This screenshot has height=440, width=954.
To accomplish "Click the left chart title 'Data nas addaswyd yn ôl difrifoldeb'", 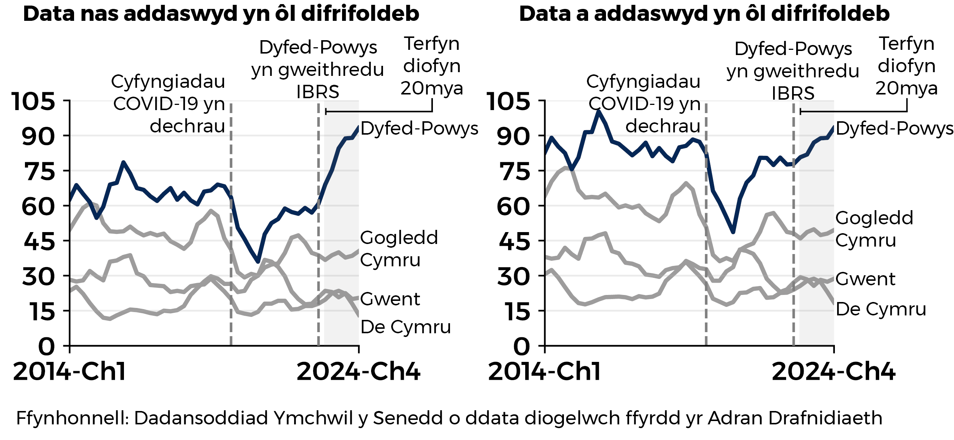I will (x=221, y=14).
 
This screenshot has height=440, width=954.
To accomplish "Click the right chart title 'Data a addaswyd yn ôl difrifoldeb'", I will (x=704, y=14).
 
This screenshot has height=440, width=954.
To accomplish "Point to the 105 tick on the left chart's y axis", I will (x=33, y=101).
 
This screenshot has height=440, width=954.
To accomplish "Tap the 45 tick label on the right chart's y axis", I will (x=513, y=242).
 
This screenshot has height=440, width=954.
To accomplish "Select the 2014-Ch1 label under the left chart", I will (x=70, y=371).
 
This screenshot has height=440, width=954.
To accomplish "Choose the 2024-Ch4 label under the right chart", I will (x=833, y=371).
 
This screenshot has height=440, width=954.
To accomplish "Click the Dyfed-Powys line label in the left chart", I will (x=419, y=128).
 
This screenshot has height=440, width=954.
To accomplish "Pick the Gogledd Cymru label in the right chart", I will (x=874, y=229).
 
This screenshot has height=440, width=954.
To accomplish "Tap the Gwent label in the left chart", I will (x=390, y=299).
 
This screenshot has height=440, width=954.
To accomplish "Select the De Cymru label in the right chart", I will (x=881, y=309).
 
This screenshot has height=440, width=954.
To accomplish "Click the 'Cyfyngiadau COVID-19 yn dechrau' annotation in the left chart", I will (x=169, y=104).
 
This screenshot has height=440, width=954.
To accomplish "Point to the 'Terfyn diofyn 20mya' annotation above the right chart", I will (x=906, y=66).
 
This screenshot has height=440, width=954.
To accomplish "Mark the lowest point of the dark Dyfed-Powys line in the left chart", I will (x=258, y=262).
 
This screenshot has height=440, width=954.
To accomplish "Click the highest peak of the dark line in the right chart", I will (x=598, y=111).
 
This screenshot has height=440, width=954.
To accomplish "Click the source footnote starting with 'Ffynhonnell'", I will (x=449, y=418).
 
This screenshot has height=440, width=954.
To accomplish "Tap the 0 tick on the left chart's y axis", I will (x=47, y=347).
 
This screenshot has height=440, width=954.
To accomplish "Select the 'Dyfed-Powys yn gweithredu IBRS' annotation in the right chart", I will (x=793, y=71).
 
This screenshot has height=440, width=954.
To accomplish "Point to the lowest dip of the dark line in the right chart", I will (x=733, y=232).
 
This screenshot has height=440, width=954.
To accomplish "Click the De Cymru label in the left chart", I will (x=405, y=327).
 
